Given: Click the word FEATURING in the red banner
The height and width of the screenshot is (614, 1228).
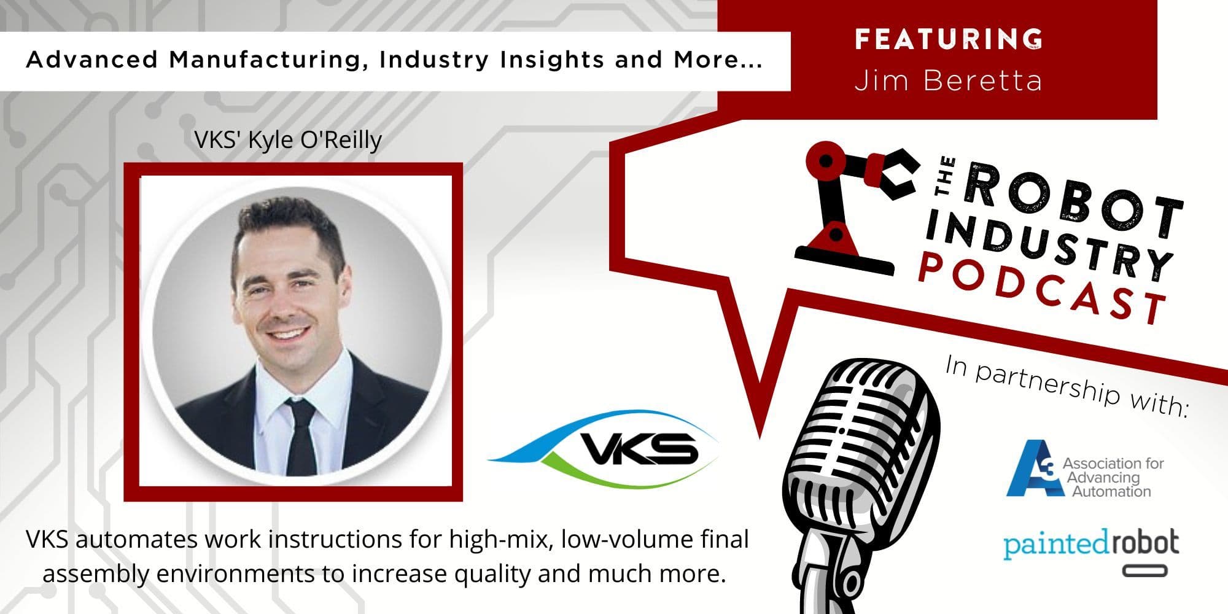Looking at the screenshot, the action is [x=949, y=39].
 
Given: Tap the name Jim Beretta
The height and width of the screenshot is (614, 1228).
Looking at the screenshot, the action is [x=949, y=80].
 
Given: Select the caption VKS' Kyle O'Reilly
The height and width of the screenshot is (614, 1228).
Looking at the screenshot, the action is [x=288, y=140].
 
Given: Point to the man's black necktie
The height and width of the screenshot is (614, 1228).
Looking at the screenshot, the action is [x=301, y=437].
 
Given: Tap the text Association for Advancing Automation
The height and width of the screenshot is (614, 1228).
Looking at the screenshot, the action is [x=1112, y=477].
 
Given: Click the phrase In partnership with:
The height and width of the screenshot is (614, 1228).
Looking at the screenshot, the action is [x=1065, y=386].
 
